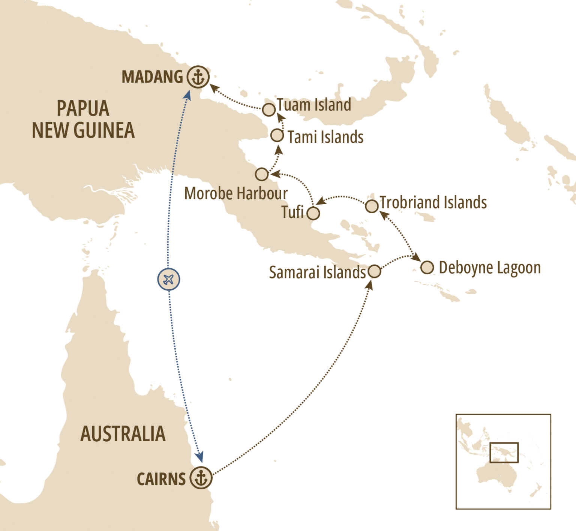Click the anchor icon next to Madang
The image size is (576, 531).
pos(198,77)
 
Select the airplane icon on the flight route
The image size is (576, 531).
pos(168,280)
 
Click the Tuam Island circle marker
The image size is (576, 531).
pos(268,110)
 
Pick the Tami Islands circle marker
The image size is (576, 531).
pos(277,135)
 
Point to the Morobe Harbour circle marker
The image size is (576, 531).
pos(262,174)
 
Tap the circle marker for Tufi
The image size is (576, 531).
pos(313,213)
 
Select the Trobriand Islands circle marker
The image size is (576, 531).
pos(372,206)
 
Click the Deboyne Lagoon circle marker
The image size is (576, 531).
pos(427,268)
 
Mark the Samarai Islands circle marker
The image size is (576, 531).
pos(374,271)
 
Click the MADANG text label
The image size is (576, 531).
pos(152,77)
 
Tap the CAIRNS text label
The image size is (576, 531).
pos(161,479)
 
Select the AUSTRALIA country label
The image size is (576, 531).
pos(123,434)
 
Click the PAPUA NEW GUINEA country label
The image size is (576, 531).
pos(83,119)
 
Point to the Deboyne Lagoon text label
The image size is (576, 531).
pos(490,268)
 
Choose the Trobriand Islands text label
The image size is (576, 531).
pos(433,203)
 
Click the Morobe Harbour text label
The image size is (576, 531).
pos(236,194)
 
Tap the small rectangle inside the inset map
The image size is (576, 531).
pos(504,453)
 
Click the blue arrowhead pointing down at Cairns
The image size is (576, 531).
pos(200,457)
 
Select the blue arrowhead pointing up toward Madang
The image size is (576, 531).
pos(187,95)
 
